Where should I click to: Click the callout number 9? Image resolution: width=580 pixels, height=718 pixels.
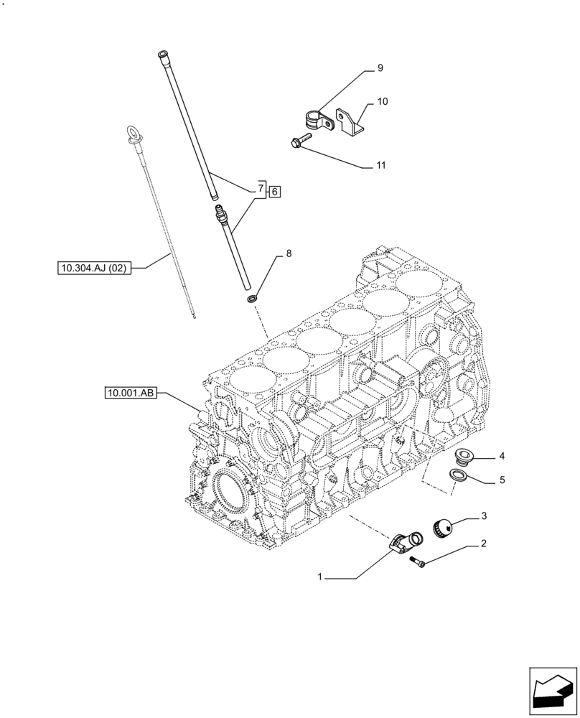(380, 69)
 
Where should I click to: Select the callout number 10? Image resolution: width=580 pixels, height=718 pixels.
(382, 102)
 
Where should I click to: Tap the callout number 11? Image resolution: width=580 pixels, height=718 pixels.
(380, 165)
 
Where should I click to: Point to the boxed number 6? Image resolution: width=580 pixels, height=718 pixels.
(276, 191)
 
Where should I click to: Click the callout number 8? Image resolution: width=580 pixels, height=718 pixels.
(289, 253)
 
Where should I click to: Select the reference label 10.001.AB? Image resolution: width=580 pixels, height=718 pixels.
(130, 393)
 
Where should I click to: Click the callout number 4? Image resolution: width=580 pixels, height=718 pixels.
(502, 456)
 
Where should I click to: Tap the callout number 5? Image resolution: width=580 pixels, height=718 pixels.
(502, 480)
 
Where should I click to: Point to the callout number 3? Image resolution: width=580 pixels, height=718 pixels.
(485, 516)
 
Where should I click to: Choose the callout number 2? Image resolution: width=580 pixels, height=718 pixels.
(484, 544)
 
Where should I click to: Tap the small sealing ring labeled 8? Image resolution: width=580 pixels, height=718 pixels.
(253, 297)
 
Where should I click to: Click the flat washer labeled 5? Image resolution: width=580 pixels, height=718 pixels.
(457, 475)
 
